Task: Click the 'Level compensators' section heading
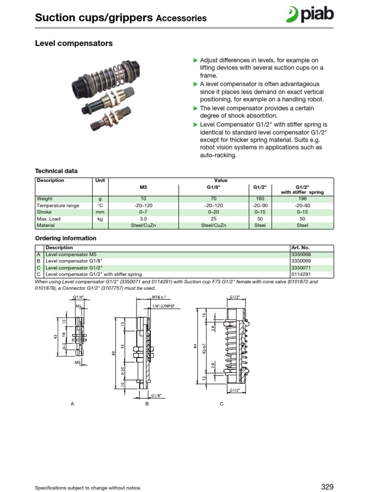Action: point(74,44)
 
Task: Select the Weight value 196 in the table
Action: point(302,198)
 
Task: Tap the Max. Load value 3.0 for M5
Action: point(143,219)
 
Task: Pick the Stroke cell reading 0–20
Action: point(213,212)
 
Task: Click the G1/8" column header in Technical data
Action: point(213,187)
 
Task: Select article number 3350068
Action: point(301,255)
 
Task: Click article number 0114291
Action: point(301,275)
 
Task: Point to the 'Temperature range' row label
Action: point(58,205)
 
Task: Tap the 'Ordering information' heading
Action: point(66,238)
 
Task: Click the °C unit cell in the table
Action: point(100,205)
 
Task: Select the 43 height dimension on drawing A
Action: point(56,336)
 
